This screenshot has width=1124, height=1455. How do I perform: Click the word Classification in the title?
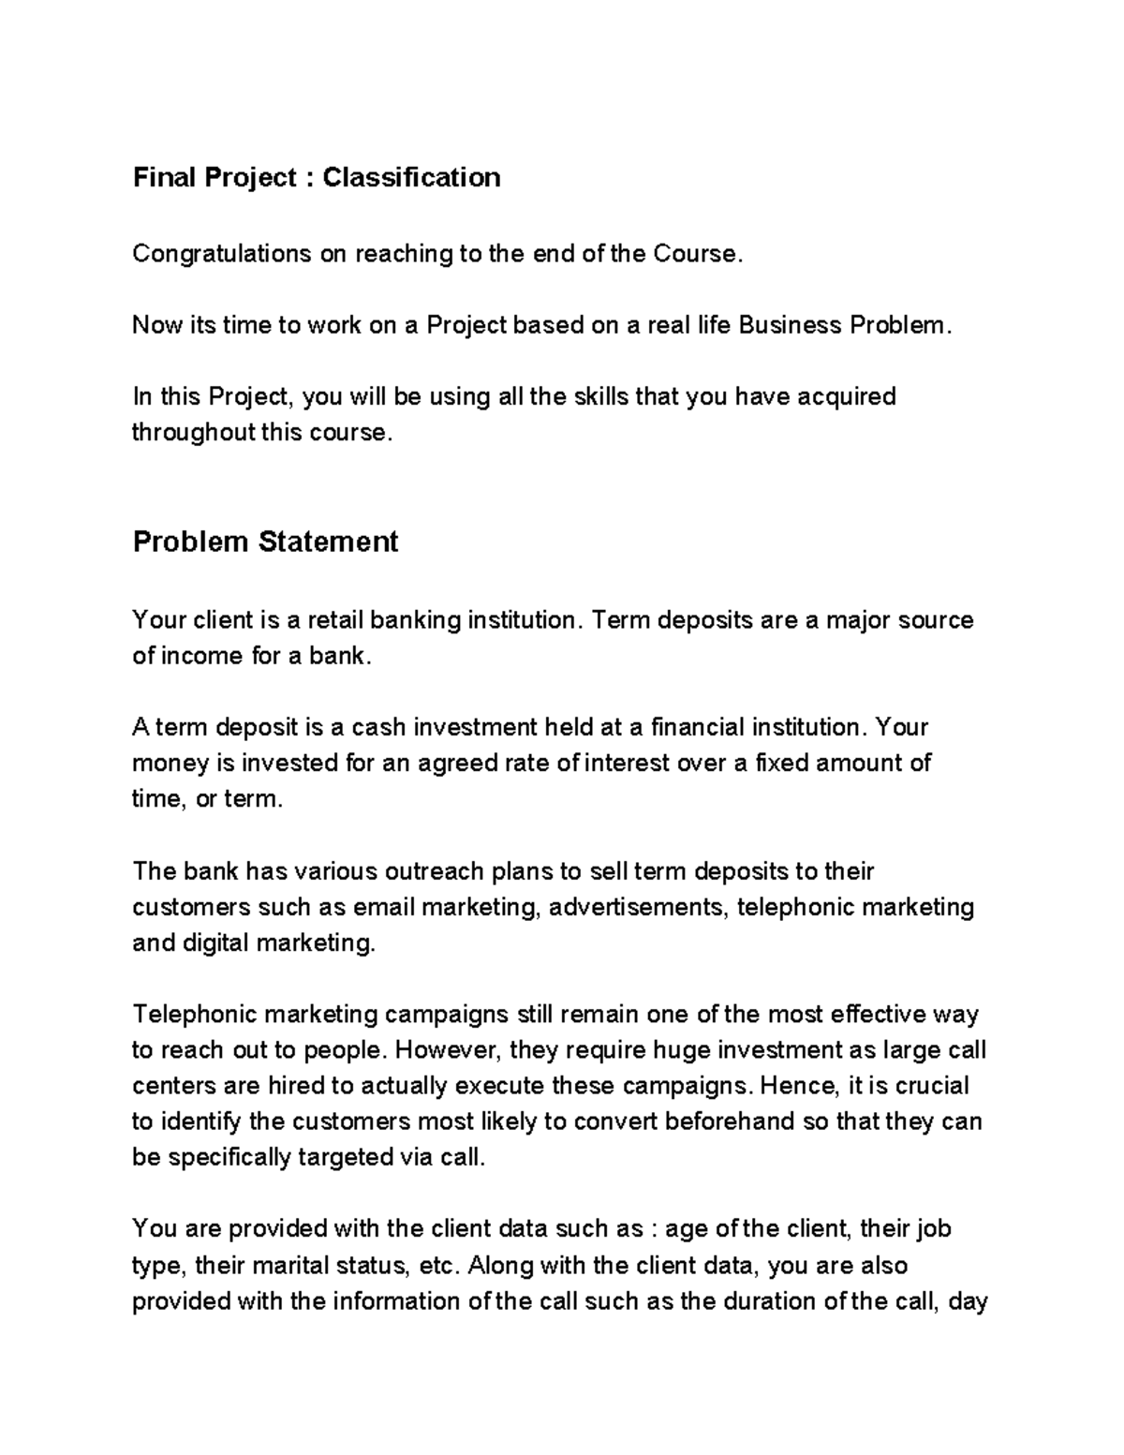[x=411, y=177]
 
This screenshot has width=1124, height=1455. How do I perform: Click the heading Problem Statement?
[x=265, y=542]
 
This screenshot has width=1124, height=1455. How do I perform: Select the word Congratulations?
[x=222, y=253]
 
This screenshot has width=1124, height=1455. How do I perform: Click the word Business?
[x=789, y=325]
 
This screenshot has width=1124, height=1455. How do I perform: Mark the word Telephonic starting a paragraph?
[x=194, y=1015]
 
